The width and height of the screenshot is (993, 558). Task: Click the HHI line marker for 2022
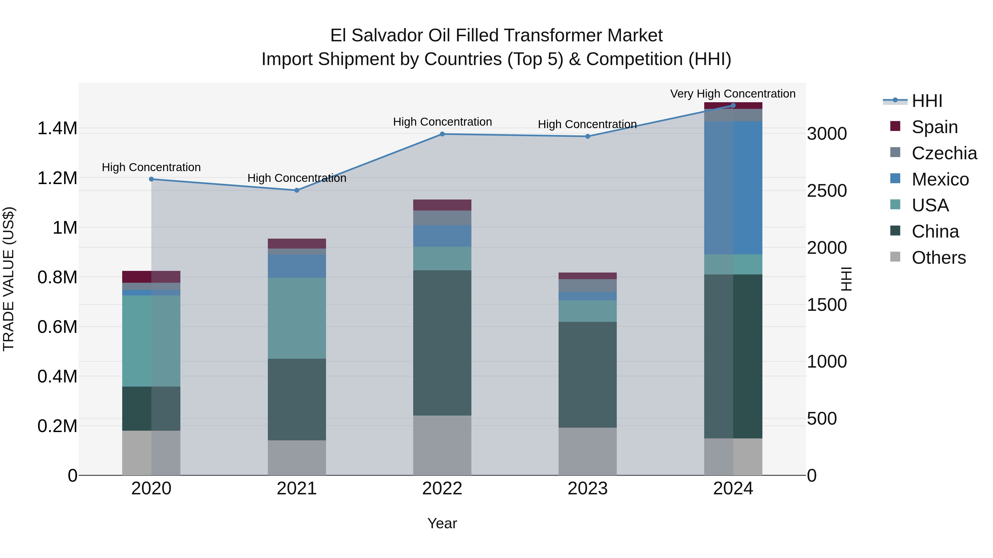pyautogui.click(x=442, y=134)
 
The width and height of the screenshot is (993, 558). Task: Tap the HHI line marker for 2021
pyautogui.click(x=297, y=190)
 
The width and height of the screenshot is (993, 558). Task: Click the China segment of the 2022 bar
pyautogui.click(x=442, y=343)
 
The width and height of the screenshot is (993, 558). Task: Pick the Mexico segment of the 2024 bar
pyautogui.click(x=733, y=188)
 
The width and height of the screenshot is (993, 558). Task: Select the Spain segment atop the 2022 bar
pyautogui.click(x=442, y=205)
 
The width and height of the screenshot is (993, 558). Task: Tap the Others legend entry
pyautogui.click(x=938, y=257)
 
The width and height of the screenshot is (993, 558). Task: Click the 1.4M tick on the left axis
pyautogui.click(x=57, y=128)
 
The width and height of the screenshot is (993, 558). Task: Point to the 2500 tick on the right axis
pyautogui.click(x=826, y=191)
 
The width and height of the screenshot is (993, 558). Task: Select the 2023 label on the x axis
pyautogui.click(x=588, y=488)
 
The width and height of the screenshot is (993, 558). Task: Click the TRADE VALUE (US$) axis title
pyautogui.click(x=9, y=279)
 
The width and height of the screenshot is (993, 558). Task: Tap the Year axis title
pyautogui.click(x=442, y=523)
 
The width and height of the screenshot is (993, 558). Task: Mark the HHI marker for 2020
pyautogui.click(x=151, y=179)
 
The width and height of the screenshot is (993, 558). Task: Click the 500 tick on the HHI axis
pyautogui.click(x=821, y=418)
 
